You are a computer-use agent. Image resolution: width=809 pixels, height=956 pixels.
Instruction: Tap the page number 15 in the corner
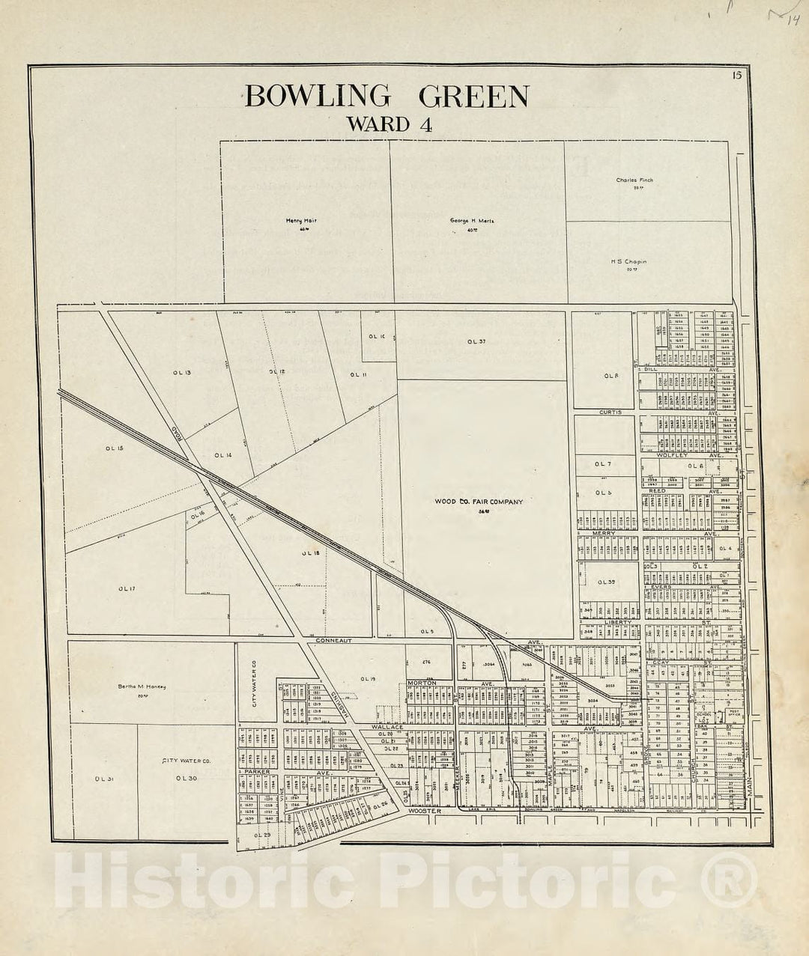pos(737,74)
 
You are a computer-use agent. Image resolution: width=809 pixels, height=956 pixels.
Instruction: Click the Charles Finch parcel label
pos(634,180)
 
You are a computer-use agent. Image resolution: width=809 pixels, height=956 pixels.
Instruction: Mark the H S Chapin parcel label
pos(628,262)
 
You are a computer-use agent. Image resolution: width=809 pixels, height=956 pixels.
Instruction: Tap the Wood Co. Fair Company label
pos(479,502)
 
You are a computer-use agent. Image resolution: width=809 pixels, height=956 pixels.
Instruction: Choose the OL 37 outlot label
pos(476,341)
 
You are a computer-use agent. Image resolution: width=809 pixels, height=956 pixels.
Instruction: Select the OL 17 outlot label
pos(126,588)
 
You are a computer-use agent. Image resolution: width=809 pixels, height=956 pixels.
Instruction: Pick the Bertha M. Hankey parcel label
pos(142,686)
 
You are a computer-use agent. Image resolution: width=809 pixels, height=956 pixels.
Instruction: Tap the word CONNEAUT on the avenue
pos(333,642)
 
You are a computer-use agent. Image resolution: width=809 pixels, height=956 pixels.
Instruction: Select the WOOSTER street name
pos(425,811)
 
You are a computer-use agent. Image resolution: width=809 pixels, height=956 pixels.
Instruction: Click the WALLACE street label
pos(387,727)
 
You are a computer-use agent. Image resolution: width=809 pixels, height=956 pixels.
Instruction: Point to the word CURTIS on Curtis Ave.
pos(610,412)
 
